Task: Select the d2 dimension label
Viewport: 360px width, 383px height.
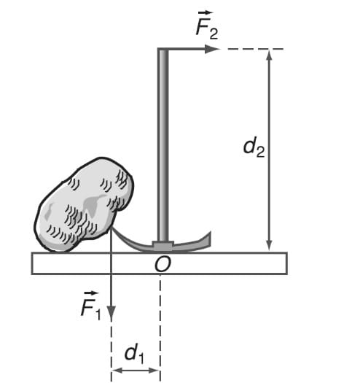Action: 254,147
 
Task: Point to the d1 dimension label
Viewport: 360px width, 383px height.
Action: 134,353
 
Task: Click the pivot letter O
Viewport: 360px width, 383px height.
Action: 163,264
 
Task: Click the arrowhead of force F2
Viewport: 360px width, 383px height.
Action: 212,49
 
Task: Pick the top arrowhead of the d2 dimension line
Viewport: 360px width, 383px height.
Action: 269,55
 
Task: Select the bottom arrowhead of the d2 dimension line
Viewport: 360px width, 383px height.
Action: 269,245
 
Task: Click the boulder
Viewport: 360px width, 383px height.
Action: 85,205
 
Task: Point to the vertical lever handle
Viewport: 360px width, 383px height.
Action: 163,145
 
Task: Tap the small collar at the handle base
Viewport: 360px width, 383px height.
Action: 163,245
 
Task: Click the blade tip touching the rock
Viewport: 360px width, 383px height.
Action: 113,228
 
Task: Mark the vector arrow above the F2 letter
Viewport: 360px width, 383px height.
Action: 206,12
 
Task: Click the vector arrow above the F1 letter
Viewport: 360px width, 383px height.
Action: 91,293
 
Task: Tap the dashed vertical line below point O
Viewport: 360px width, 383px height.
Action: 160,328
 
